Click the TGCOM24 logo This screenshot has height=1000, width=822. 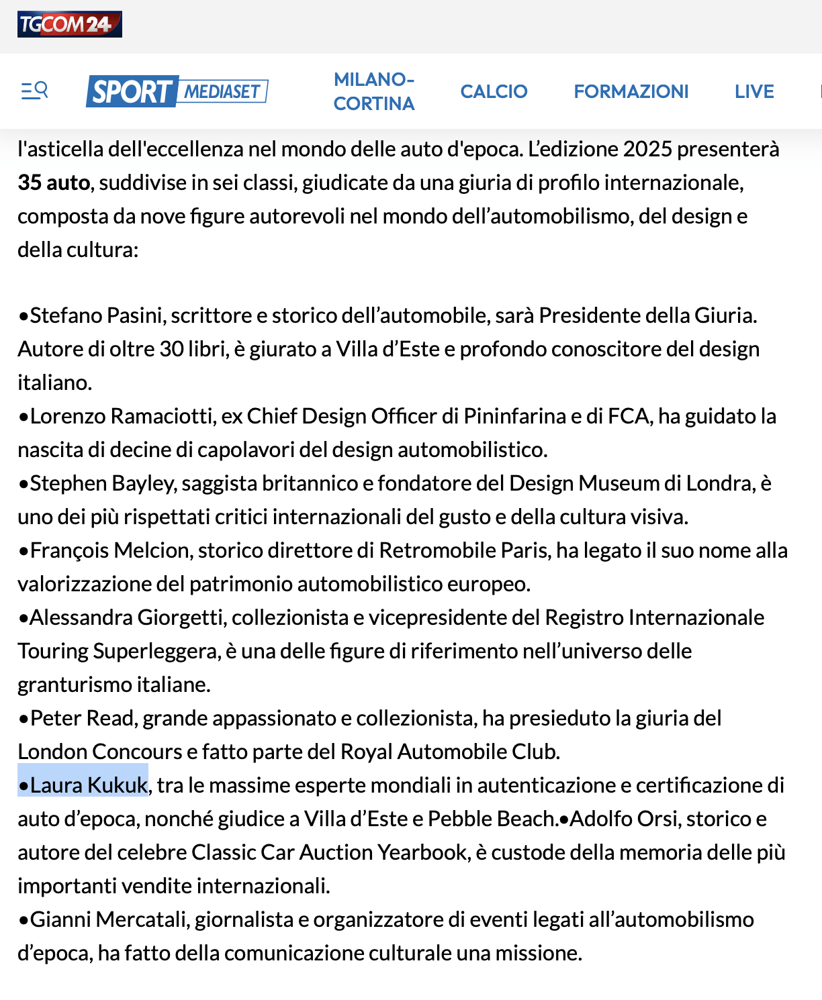coord(69,25)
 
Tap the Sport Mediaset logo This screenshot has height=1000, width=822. coord(177,91)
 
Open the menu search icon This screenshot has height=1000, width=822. coord(34,90)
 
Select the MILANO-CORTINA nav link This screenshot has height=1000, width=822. coord(374,91)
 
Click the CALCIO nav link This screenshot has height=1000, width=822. coord(494,91)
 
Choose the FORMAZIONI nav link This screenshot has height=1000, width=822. coord(631,91)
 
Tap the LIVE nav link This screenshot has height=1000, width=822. coord(754,91)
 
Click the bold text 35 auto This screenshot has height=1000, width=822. coord(54,183)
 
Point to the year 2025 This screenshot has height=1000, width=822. coord(647,149)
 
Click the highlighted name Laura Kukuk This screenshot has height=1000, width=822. coord(88,785)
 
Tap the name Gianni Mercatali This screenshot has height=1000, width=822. coord(108,919)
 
